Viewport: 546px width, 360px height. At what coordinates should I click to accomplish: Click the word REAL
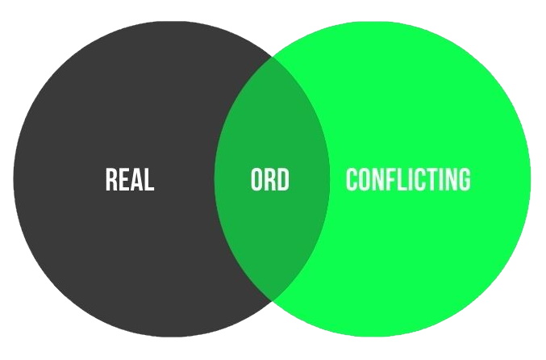[x=130, y=179]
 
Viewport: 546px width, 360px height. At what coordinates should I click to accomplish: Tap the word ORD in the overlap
[x=270, y=179]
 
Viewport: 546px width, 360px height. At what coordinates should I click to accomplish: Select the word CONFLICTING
[x=408, y=179]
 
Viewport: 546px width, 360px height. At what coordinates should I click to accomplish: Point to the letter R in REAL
[x=111, y=179]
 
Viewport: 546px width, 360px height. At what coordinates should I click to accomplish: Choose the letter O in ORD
[x=256, y=179]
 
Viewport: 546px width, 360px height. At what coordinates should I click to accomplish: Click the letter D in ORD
[x=283, y=179]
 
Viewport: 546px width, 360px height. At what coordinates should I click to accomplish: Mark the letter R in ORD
[x=270, y=179]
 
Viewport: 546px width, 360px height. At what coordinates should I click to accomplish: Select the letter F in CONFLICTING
[x=390, y=179]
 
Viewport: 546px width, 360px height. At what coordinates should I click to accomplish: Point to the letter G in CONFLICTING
[x=465, y=179]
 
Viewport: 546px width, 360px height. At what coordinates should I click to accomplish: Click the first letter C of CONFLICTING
[x=352, y=179]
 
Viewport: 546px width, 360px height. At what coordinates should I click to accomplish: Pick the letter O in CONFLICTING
[x=365, y=179]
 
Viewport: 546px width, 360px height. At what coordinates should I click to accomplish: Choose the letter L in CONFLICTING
[x=402, y=179]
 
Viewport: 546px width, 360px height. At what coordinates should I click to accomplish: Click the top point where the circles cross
[x=272, y=57]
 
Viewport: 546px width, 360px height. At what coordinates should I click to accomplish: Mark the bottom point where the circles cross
[x=272, y=300]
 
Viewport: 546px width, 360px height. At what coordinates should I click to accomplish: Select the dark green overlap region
[x=272, y=227]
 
